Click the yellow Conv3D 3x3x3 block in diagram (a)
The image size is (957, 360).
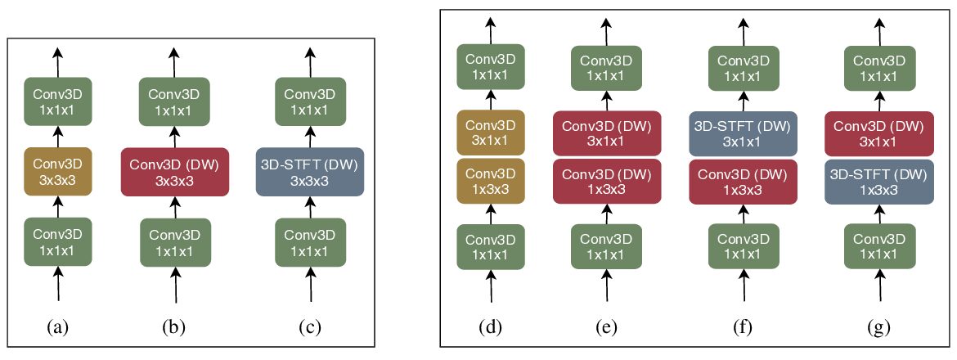58,172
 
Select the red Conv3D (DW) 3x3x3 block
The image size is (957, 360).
174,172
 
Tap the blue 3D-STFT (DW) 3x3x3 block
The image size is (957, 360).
309,172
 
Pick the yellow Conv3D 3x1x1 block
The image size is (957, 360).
492,133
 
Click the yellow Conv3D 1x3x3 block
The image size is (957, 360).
492,181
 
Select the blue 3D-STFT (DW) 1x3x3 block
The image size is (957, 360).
879,181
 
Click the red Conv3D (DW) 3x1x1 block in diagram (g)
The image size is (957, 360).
879,133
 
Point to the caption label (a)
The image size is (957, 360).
58,327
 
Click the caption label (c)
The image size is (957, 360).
309,327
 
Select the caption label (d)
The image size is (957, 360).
491,327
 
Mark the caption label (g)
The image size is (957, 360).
878,327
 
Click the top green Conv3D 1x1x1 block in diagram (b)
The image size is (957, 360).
174,102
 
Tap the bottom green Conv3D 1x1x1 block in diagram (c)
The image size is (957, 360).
309,241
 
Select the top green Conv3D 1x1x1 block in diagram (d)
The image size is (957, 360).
492,66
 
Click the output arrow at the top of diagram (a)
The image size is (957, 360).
58,62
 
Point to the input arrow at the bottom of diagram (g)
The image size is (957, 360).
879,286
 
